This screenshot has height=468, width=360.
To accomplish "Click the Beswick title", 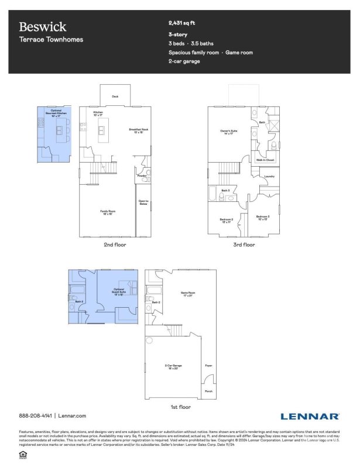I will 42,27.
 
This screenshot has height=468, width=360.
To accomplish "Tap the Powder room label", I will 141,175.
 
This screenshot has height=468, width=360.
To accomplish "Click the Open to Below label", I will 143,202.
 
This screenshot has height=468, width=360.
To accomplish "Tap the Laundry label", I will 269,176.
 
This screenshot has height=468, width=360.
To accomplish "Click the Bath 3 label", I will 225,190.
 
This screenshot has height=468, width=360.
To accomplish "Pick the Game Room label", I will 187,294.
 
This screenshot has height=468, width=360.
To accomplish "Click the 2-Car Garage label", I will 172,366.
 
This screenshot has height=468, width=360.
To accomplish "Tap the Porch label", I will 208,391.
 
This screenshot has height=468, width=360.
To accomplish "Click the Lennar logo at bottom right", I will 310,416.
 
